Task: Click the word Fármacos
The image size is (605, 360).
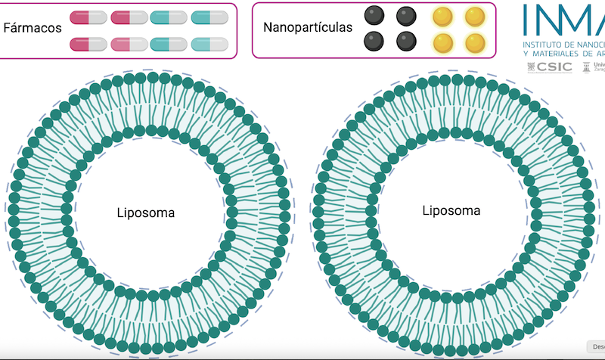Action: pyautogui.click(x=33, y=28)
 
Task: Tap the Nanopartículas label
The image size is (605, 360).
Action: pyautogui.click(x=308, y=27)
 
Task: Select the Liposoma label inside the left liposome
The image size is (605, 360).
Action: pyautogui.click(x=146, y=213)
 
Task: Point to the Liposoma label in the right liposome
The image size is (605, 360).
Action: pyautogui.click(x=451, y=210)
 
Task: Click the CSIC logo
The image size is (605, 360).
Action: pyautogui.click(x=550, y=67)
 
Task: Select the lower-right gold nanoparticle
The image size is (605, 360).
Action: pyautogui.click(x=474, y=42)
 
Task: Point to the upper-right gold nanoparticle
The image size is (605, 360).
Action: pyautogui.click(x=474, y=16)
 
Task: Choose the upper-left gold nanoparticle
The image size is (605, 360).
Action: pyautogui.click(x=442, y=16)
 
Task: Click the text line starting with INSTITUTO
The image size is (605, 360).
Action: pyautogui.click(x=563, y=45)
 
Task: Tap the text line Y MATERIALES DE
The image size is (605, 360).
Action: pyautogui.click(x=563, y=54)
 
